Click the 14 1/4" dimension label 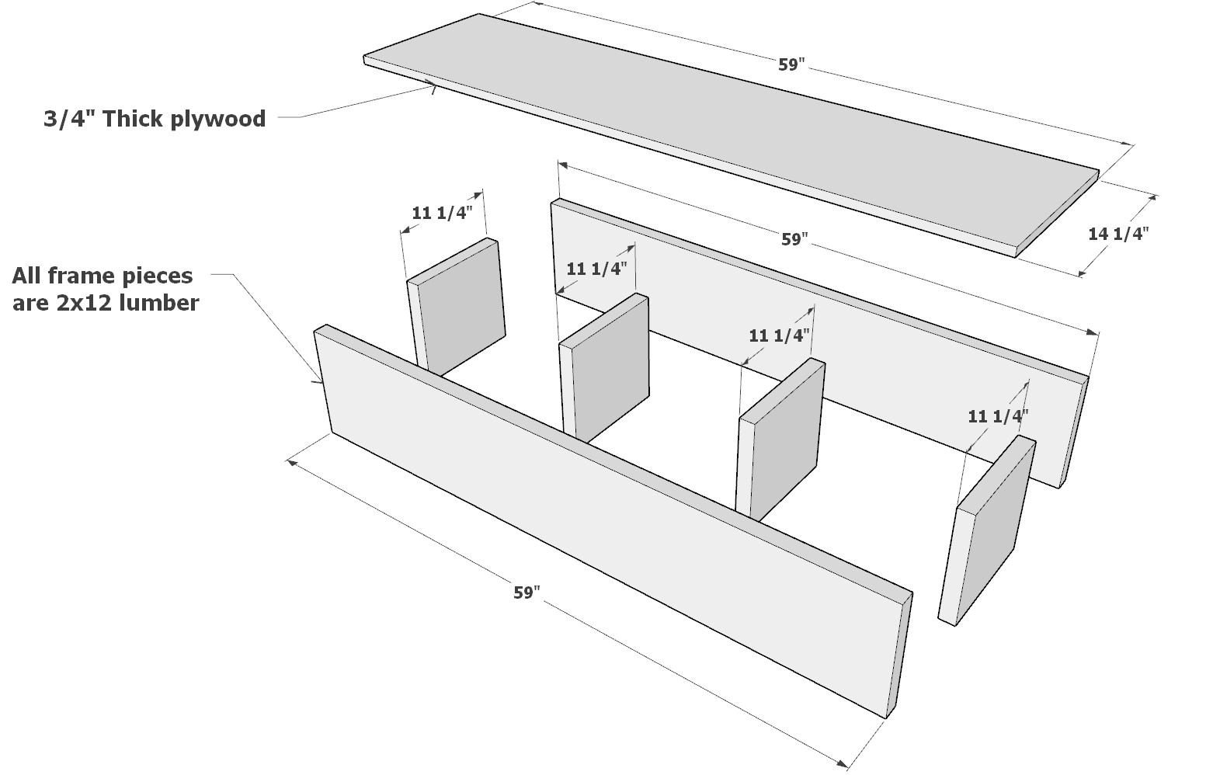[x=1117, y=233]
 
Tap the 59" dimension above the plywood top [x=790, y=65]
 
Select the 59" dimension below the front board [x=526, y=593]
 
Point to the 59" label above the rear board [x=794, y=240]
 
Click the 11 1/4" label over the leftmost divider [x=442, y=213]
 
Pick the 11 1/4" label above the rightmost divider [x=998, y=416]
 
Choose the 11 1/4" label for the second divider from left [x=596, y=269]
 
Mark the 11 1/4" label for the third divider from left [x=779, y=335]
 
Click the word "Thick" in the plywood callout [x=134, y=119]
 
